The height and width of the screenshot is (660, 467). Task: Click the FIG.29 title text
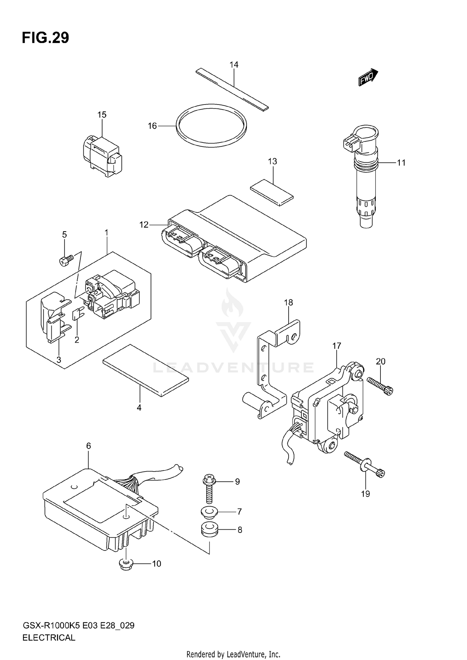[x=45, y=38]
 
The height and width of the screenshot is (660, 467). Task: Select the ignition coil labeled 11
[x=366, y=177]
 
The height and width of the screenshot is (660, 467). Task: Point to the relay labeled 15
[x=102, y=154]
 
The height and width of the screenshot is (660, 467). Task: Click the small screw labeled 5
[x=66, y=260]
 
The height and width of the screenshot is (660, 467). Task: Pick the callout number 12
[x=144, y=225]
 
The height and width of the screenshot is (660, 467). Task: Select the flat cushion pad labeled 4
[x=146, y=370]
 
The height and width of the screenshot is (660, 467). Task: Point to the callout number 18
[x=288, y=302]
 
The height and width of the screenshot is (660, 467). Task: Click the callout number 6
[x=88, y=446]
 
